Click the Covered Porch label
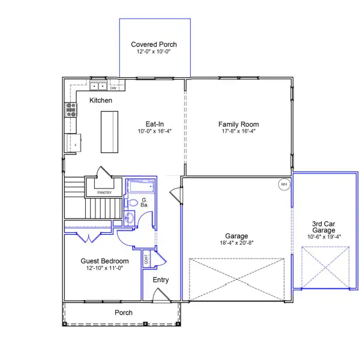tap(154, 44)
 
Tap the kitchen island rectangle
tap(109, 132)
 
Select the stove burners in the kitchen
tap(71, 109)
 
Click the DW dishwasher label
tap(113, 88)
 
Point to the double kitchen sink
tap(97, 86)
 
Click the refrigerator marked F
tap(76, 144)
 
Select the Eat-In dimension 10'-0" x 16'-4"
tap(154, 131)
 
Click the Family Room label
tap(238, 124)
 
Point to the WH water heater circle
tap(284, 184)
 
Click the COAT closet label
tap(146, 260)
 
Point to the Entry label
tap(161, 280)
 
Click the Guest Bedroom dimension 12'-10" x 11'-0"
tap(105, 268)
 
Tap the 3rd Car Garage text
tap(323, 227)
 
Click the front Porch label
tap(124, 313)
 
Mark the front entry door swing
tap(160, 295)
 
